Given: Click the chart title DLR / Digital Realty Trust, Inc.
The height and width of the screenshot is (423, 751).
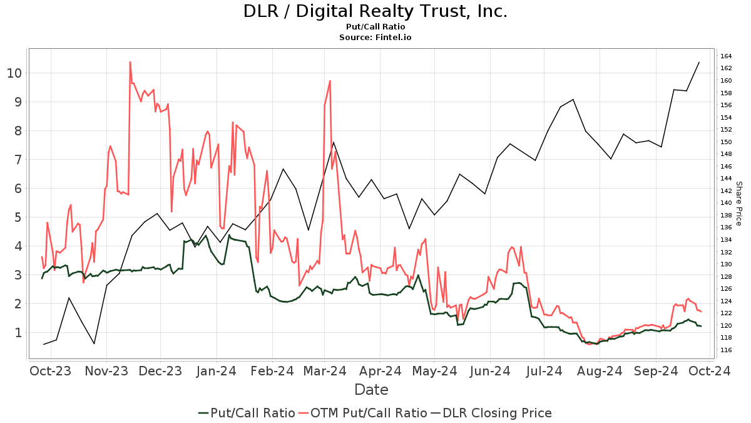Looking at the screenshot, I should (x=375, y=11).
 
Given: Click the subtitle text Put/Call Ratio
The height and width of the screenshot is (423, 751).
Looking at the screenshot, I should (x=375, y=27).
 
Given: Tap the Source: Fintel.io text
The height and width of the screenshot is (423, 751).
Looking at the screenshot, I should (x=375, y=38).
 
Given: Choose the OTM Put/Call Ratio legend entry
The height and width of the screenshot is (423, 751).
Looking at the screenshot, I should (x=363, y=413).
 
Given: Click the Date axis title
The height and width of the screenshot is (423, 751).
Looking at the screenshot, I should (x=371, y=390).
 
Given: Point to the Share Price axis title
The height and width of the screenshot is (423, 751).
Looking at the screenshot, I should (x=738, y=204).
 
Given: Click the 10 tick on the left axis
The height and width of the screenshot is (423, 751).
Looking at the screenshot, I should (x=14, y=73).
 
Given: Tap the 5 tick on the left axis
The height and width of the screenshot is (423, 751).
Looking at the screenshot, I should (x=18, y=217).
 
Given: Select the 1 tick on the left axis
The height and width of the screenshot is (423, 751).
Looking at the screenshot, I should (x=18, y=333).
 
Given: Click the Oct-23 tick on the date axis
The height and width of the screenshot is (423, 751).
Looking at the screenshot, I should (x=50, y=371).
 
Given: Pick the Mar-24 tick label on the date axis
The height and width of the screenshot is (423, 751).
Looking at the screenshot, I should (x=327, y=371).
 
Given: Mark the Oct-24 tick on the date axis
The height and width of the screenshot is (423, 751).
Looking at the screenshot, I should (x=710, y=371).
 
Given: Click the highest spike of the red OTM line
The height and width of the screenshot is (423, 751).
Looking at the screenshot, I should (x=130, y=62).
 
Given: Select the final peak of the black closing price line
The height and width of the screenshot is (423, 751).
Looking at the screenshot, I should (x=699, y=62).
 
